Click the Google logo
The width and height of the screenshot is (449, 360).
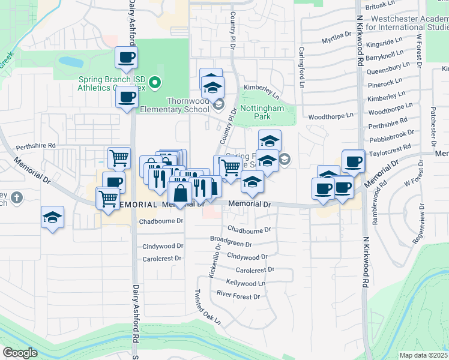[x=20, y=353]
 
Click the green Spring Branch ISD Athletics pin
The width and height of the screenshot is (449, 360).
[x=155, y=82]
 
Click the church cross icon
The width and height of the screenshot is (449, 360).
[x=16, y=197]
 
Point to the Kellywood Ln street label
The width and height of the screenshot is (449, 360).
[x=245, y=283]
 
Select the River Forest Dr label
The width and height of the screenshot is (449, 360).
[x=238, y=296]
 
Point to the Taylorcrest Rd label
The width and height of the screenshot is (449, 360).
[x=390, y=146]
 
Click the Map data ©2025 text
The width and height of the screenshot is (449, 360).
[x=423, y=355]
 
